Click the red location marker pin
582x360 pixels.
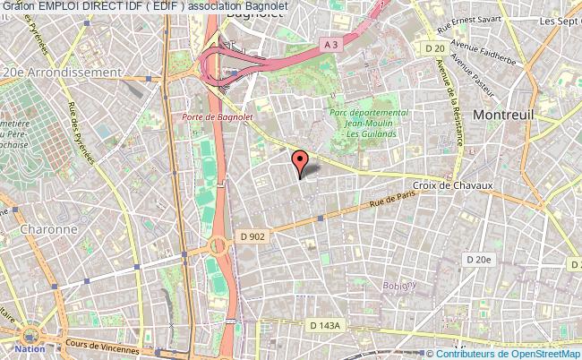click(300, 160)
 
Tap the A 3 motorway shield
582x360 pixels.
click(330, 42)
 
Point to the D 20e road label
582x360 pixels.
click(479, 259)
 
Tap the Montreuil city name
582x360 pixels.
click(507, 115)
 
